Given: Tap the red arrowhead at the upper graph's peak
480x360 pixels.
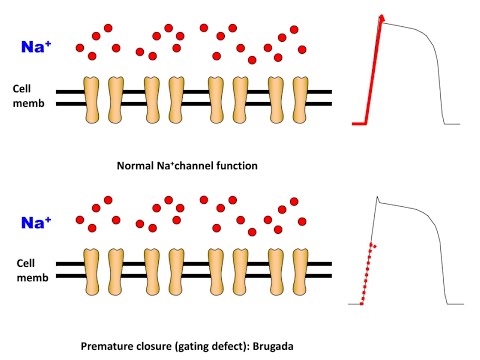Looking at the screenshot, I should click(382, 17).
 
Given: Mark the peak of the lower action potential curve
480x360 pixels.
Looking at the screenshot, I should click(376, 197).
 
